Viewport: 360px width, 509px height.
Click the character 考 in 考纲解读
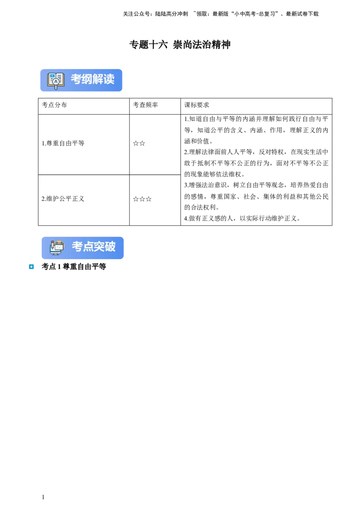click(x=76, y=79)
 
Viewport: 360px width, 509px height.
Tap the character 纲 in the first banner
click(x=87, y=79)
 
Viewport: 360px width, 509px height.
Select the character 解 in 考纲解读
click(x=98, y=79)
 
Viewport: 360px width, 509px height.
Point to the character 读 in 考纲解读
click(x=109, y=79)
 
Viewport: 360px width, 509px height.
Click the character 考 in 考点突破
click(x=77, y=246)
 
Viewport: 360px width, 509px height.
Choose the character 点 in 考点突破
click(x=88, y=246)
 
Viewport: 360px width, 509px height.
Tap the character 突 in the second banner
click(x=99, y=246)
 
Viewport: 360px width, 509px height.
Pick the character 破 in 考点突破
click(x=110, y=246)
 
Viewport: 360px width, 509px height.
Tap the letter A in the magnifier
click(x=56, y=82)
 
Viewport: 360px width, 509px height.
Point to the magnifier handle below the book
click(x=56, y=87)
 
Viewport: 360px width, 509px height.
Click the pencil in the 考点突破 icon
click(x=52, y=245)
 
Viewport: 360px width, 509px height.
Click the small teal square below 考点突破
click(x=32, y=266)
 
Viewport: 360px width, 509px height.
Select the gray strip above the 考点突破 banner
click(x=81, y=235)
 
